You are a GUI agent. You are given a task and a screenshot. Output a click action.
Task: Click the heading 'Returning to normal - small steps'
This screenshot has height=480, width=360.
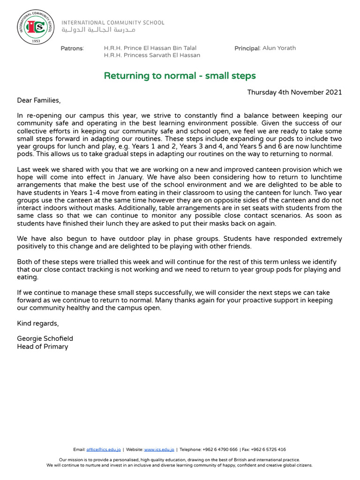180,75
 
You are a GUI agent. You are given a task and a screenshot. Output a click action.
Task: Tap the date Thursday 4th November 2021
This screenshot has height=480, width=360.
294,92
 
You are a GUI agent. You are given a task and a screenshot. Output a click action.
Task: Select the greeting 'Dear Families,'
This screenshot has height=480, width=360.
39,100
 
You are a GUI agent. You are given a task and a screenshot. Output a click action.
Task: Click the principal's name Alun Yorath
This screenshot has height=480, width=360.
279,48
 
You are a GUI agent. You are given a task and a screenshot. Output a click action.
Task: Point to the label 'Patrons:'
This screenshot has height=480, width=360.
72,48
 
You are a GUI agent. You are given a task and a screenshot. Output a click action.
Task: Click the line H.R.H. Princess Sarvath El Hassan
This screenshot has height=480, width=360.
151,55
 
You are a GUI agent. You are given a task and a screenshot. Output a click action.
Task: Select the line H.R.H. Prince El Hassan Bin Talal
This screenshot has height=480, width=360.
150,48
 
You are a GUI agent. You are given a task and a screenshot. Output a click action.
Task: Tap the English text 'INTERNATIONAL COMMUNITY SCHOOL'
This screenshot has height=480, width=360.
113,22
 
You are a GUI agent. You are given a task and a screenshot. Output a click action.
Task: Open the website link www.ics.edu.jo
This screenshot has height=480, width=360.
159,450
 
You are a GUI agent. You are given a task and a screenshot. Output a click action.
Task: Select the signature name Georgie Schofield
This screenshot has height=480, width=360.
45,338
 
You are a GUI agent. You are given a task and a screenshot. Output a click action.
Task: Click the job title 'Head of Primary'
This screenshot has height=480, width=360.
42,347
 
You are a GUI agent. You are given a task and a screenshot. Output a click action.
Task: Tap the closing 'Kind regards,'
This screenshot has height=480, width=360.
38,323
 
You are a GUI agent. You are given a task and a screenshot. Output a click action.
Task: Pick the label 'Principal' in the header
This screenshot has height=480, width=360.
247,48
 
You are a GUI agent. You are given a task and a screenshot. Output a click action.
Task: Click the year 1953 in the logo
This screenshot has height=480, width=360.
36,41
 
